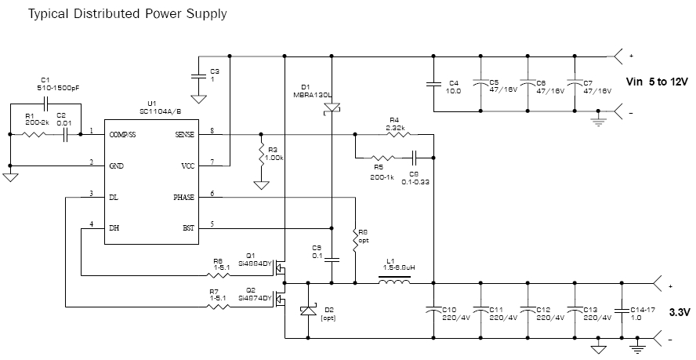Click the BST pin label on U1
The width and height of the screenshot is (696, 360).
click(x=188, y=228)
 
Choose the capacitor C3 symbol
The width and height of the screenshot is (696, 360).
click(x=198, y=75)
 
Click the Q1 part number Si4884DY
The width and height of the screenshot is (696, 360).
click(x=259, y=264)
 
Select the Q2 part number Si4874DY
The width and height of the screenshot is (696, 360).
click(x=259, y=298)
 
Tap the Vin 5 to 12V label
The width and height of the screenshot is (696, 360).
click(x=657, y=82)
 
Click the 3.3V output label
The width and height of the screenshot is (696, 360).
click(x=680, y=312)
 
